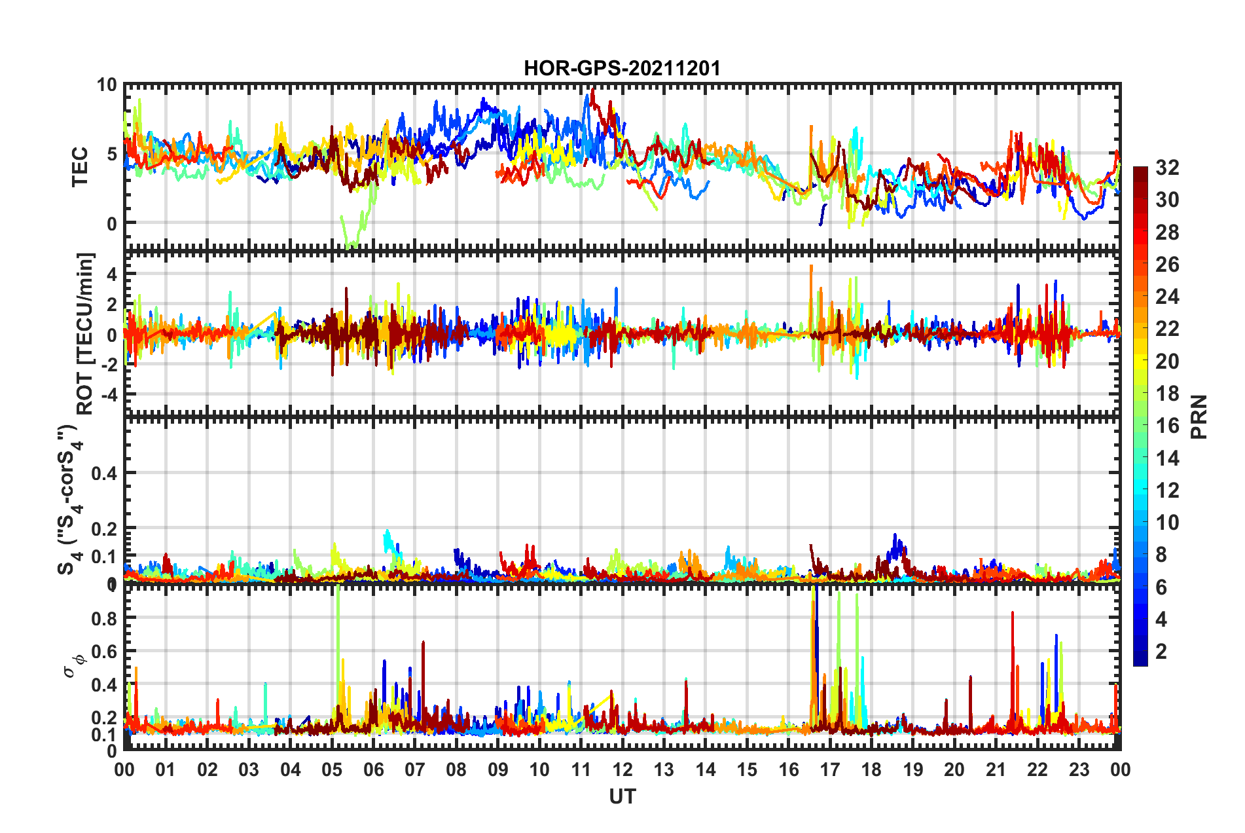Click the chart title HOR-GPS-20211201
tap(622, 68)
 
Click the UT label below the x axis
tap(622, 796)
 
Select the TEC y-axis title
tap(79, 167)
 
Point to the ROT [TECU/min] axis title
tap(85, 333)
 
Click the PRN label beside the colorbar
tap(1199, 417)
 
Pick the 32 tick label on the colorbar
tap(1167, 168)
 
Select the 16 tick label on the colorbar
tap(1167, 426)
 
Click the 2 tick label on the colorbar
tap(1162, 651)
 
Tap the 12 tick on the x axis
tap(622, 769)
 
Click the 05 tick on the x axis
tap(332, 769)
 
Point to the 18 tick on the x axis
tap(871, 769)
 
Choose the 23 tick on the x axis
tap(1079, 769)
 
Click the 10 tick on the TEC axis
tap(107, 85)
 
